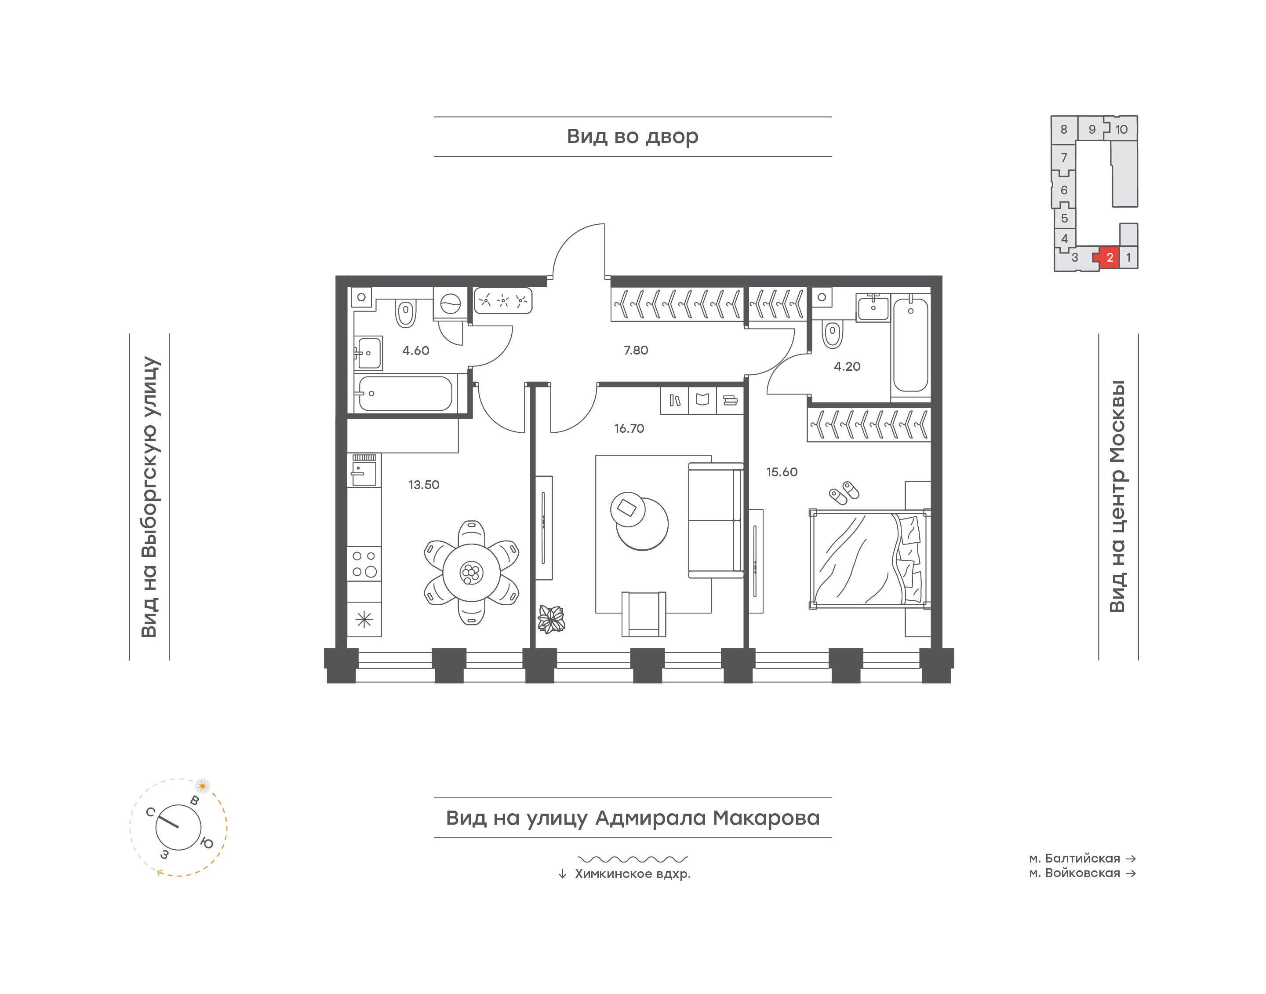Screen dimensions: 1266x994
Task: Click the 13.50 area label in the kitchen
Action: pos(423,485)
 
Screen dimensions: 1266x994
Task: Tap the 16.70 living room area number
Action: pos(629,428)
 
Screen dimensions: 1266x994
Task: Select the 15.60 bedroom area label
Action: pos(782,472)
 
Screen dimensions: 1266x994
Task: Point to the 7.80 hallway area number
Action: pos(636,351)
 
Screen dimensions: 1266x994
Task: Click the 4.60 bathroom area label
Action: pos(416,351)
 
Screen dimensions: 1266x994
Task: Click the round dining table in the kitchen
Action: pos(471,573)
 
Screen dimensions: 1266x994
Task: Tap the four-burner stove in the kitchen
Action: pos(364,563)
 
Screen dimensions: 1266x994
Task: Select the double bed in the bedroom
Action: pos(869,559)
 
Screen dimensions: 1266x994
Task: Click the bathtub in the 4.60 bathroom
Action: pos(405,393)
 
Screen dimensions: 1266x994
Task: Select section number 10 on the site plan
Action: pos(1121,129)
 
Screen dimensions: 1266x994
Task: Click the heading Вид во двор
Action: pos(632,137)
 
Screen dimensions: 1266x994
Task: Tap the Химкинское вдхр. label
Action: pos(633,873)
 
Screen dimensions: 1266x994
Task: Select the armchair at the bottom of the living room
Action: pos(644,614)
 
